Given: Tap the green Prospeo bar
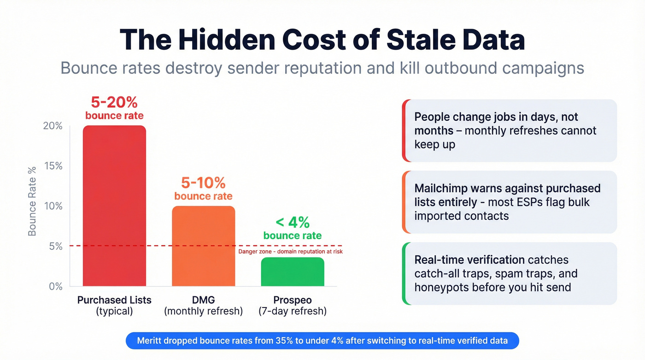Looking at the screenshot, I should (293, 272).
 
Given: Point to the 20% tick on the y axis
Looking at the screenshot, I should (53, 126).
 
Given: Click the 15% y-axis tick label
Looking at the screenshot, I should (53, 166).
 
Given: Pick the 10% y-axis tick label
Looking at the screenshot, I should (53, 206).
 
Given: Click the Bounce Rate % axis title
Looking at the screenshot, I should (32, 201).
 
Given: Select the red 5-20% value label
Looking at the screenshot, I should (114, 101).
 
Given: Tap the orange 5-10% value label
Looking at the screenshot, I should (203, 183).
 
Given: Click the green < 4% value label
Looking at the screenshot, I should (293, 223).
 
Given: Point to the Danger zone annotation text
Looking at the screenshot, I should (290, 252).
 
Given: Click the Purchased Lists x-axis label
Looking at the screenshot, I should (114, 300).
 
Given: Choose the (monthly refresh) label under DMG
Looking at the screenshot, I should (203, 311).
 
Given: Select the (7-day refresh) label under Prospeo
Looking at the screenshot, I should (293, 311).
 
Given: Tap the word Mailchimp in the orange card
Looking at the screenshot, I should (442, 189).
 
